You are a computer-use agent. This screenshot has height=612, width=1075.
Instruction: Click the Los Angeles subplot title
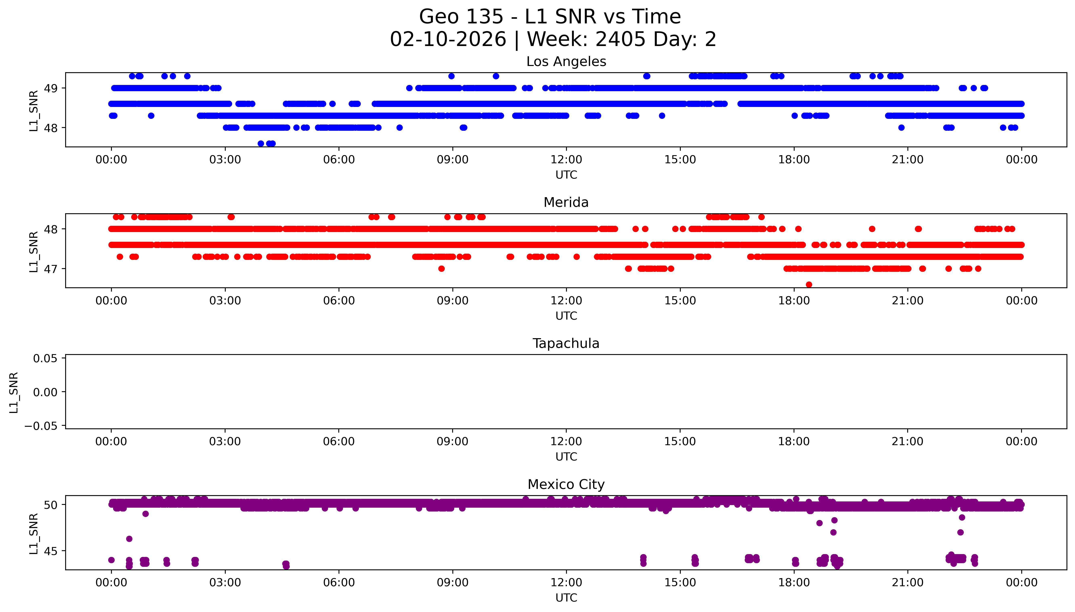pyautogui.click(x=566, y=62)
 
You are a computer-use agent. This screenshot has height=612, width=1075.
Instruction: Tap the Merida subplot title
pyautogui.click(x=566, y=203)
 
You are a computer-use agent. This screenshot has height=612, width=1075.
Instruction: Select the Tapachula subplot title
pyautogui.click(x=566, y=343)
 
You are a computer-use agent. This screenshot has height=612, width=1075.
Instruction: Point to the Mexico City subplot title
pyautogui.click(x=566, y=485)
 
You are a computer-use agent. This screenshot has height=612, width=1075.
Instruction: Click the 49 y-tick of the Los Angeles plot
pyautogui.click(x=51, y=88)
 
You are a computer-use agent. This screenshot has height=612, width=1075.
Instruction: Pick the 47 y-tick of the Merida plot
pyautogui.click(x=51, y=269)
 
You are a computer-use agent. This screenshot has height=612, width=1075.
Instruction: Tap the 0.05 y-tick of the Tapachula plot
pyautogui.click(x=45, y=359)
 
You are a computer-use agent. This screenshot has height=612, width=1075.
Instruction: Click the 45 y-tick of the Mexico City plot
pyautogui.click(x=51, y=551)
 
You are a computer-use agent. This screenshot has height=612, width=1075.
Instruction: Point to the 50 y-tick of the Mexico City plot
pyautogui.click(x=51, y=505)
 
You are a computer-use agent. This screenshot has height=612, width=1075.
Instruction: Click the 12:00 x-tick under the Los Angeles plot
pyautogui.click(x=566, y=160)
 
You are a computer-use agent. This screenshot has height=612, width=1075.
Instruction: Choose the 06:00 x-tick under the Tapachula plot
pyautogui.click(x=339, y=442)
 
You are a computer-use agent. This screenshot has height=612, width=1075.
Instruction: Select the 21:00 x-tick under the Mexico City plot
pyautogui.click(x=908, y=583)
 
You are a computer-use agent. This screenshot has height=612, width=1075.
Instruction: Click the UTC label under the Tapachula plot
pyautogui.click(x=566, y=457)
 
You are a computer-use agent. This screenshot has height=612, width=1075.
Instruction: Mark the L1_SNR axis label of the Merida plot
pyautogui.click(x=34, y=251)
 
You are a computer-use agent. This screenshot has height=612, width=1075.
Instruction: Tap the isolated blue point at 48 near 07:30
pyautogui.click(x=399, y=128)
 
